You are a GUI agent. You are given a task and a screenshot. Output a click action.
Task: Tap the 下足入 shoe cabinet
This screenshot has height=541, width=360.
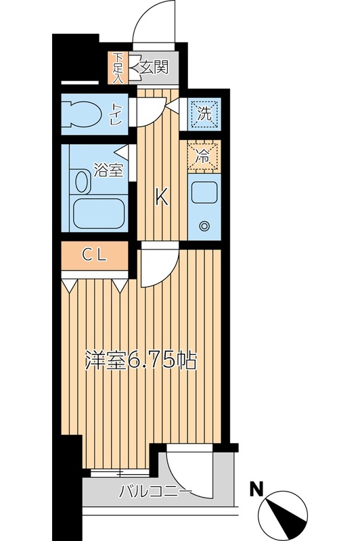point(118,67)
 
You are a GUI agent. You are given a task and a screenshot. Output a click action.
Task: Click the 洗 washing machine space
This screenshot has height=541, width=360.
point(204,114)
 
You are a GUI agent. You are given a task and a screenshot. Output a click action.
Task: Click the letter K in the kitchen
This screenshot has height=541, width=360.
point(161,197)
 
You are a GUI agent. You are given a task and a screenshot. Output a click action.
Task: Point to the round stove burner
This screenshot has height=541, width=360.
point(204,226)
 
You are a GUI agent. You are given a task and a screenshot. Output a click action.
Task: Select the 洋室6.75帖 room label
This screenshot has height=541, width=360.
point(140,360)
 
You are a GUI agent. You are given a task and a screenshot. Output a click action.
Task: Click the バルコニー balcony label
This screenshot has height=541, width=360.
point(156,491)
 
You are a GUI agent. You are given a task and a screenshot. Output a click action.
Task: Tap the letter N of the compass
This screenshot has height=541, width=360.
point(256,488)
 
